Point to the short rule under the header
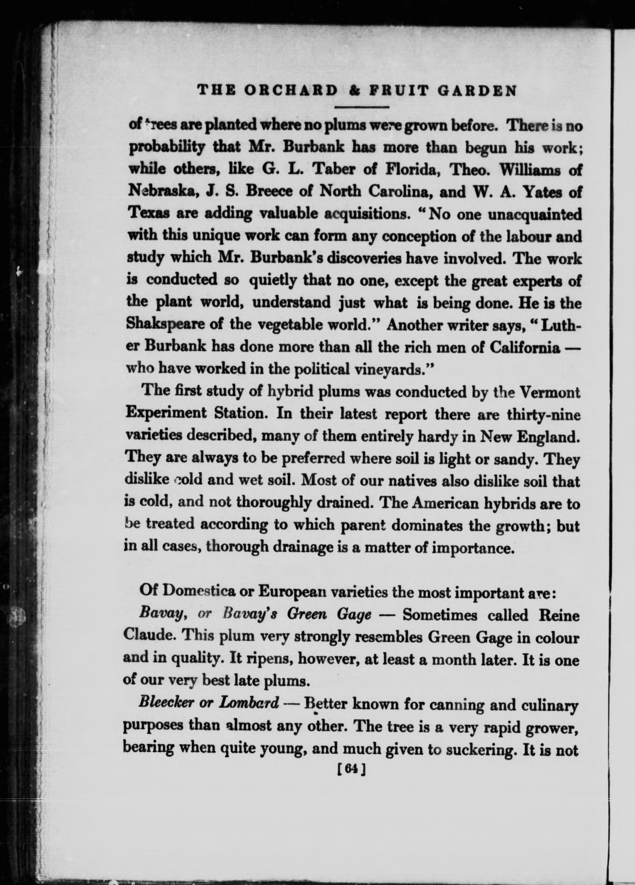(x=362, y=107)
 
